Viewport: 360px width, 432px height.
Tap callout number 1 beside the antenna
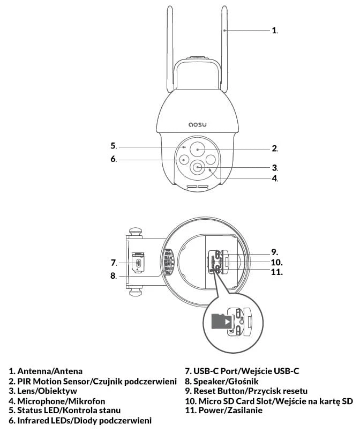274,31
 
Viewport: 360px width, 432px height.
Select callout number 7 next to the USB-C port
114,263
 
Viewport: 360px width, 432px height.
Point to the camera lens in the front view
198,167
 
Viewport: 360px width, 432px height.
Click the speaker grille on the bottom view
168,263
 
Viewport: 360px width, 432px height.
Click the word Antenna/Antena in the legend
49,370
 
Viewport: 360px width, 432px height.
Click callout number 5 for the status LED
114,146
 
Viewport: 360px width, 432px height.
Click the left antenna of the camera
170,51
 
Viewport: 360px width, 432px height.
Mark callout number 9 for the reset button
274,251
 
